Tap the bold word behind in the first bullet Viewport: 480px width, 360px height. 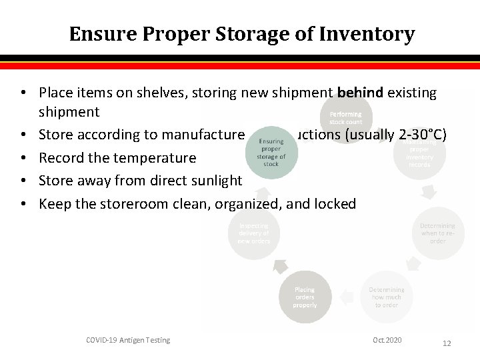(x=360, y=93)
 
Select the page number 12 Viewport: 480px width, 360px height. (x=447, y=343)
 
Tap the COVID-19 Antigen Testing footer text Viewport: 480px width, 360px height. (x=128, y=340)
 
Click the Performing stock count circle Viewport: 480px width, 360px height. (x=346, y=118)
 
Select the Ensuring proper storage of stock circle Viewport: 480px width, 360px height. (x=271, y=151)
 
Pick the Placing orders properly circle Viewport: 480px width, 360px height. (x=305, y=297)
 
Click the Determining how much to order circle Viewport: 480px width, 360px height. (x=387, y=297)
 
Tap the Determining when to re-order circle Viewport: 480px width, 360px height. (x=437, y=233)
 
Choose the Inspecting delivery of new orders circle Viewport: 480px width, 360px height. (x=254, y=233)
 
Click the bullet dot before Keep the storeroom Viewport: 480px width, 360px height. (x=23, y=204)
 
